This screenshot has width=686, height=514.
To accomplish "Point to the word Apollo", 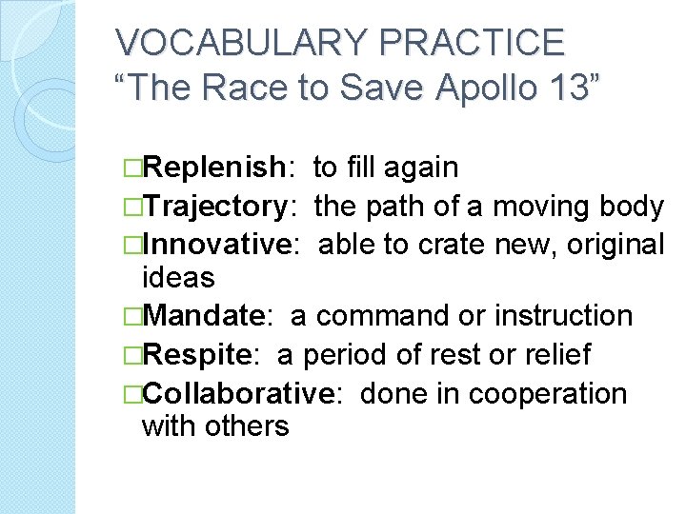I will point(480,88).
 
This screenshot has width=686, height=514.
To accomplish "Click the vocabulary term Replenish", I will point(219,168).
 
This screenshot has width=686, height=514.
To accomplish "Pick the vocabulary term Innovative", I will point(224,244).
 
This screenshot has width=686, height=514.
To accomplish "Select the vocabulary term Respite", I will point(202,354).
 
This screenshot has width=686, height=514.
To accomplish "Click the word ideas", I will point(177,278).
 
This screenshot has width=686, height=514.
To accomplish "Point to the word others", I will point(247,425).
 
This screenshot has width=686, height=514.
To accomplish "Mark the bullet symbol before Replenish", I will point(132,168).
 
